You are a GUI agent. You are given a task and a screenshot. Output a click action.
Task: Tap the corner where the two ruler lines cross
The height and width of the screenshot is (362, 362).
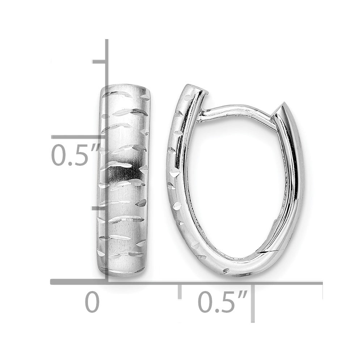107,282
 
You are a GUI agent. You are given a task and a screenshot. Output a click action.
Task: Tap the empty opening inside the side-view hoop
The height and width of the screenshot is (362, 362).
235,181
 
